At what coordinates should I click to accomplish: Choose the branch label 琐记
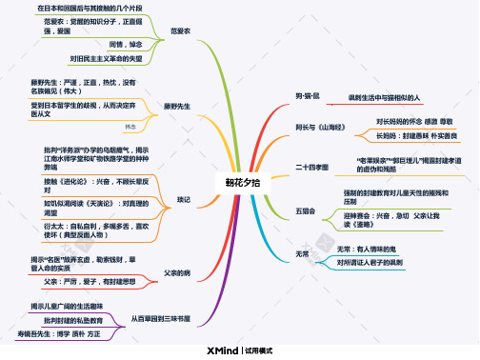184,198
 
